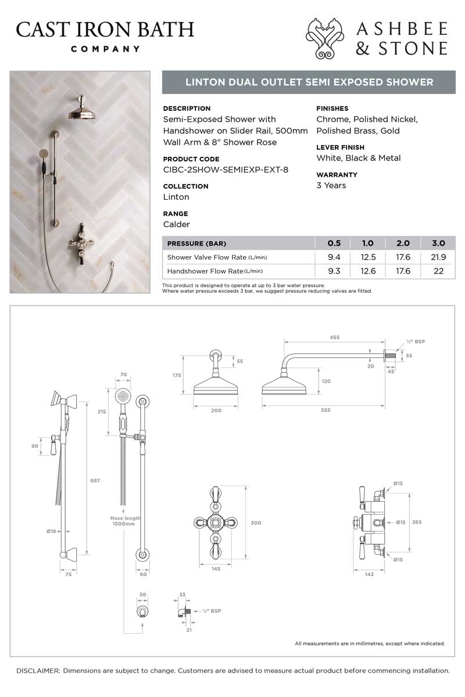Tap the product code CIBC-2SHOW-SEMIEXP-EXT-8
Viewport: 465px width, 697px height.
pyautogui.click(x=226, y=170)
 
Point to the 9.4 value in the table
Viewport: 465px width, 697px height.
pyautogui.click(x=334, y=257)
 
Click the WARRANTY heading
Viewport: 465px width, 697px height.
pyautogui.click(x=337, y=175)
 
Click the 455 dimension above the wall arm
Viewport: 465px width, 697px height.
pyautogui.click(x=334, y=337)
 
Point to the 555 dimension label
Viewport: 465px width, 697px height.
pyautogui.click(x=325, y=410)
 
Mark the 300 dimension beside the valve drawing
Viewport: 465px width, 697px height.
pyautogui.click(x=256, y=523)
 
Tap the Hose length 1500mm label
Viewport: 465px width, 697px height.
pyautogui.click(x=126, y=521)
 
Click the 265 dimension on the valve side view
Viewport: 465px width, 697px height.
pyautogui.click(x=417, y=522)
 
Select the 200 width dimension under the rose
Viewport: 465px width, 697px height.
pyautogui.click(x=216, y=410)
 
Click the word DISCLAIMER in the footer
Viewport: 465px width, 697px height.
pyautogui.click(x=38, y=670)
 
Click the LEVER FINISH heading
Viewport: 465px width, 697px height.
pyautogui.click(x=341, y=148)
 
